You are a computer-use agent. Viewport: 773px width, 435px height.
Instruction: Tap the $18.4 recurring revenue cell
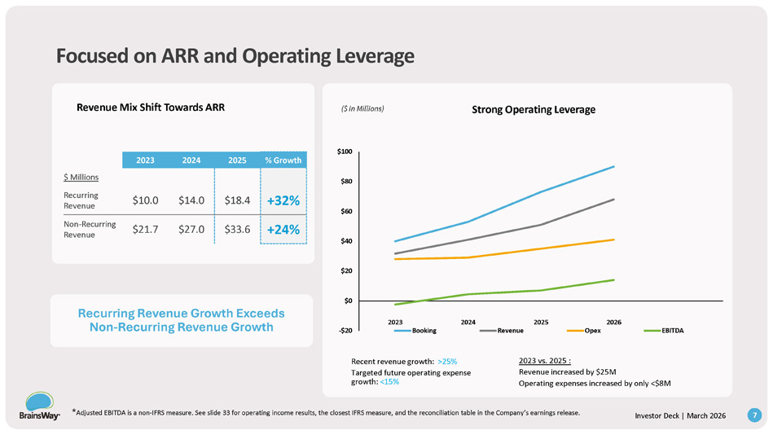(237, 200)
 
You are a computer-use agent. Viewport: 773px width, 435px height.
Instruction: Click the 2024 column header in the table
(191, 160)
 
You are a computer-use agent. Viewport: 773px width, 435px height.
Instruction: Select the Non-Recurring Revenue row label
(89, 229)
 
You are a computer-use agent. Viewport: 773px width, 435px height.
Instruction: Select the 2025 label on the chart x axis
(540, 322)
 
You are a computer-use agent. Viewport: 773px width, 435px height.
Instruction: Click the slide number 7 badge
(755, 415)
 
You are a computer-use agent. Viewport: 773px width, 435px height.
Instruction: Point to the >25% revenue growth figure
(448, 361)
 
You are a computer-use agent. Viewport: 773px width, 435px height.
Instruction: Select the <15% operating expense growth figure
(389, 381)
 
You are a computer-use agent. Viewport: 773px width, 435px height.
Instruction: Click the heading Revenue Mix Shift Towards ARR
(150, 107)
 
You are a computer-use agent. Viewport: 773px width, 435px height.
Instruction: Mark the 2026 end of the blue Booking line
(613, 166)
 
